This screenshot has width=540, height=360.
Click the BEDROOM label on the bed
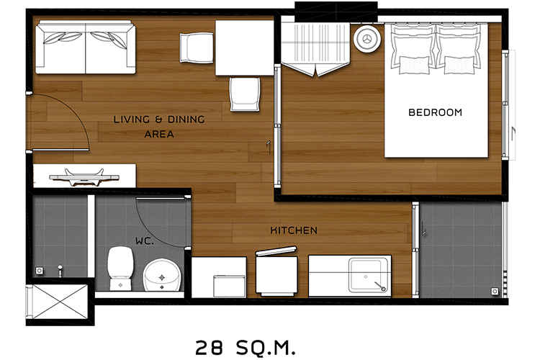coord(435,112)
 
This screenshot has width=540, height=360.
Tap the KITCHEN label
coord(294,230)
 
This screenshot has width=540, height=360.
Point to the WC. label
coord(145,240)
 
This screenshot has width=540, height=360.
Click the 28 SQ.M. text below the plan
coord(246,348)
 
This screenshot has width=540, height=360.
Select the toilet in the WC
coord(120,268)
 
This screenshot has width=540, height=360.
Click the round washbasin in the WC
coord(162,275)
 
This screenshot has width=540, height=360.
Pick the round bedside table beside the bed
coord(367,39)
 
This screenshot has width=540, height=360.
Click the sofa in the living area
coord(86,47)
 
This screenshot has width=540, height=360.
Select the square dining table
coord(245,48)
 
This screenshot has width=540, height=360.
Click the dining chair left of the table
coord(197,48)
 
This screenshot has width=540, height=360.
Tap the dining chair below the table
coord(245,94)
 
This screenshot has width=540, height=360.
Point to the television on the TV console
coord(84,176)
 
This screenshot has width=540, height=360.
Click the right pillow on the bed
coord(459,49)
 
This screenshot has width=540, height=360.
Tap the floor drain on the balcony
coord(495,292)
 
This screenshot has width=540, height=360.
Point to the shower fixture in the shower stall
coord(60,271)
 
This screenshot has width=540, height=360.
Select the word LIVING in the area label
coord(132,120)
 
